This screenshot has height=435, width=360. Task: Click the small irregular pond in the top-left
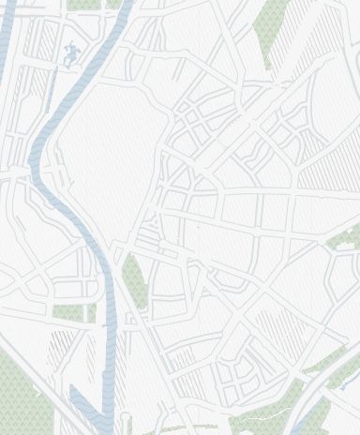click(x=69, y=53)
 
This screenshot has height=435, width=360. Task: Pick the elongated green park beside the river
click(x=133, y=281)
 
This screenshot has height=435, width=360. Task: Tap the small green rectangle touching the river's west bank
click(x=93, y=311)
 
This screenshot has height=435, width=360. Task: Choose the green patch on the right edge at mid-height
click(x=345, y=240)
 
